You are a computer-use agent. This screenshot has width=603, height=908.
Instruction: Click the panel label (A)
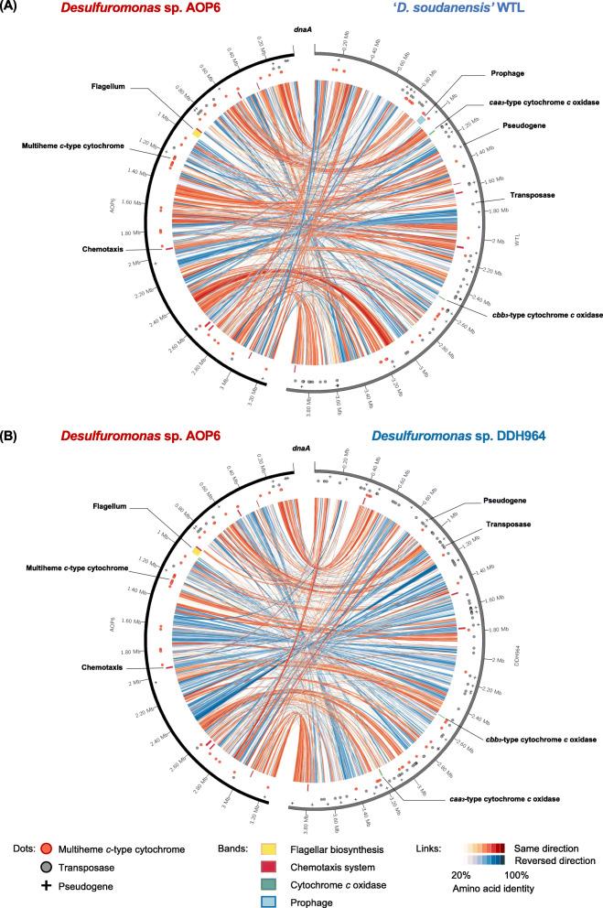(x=13, y=8)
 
